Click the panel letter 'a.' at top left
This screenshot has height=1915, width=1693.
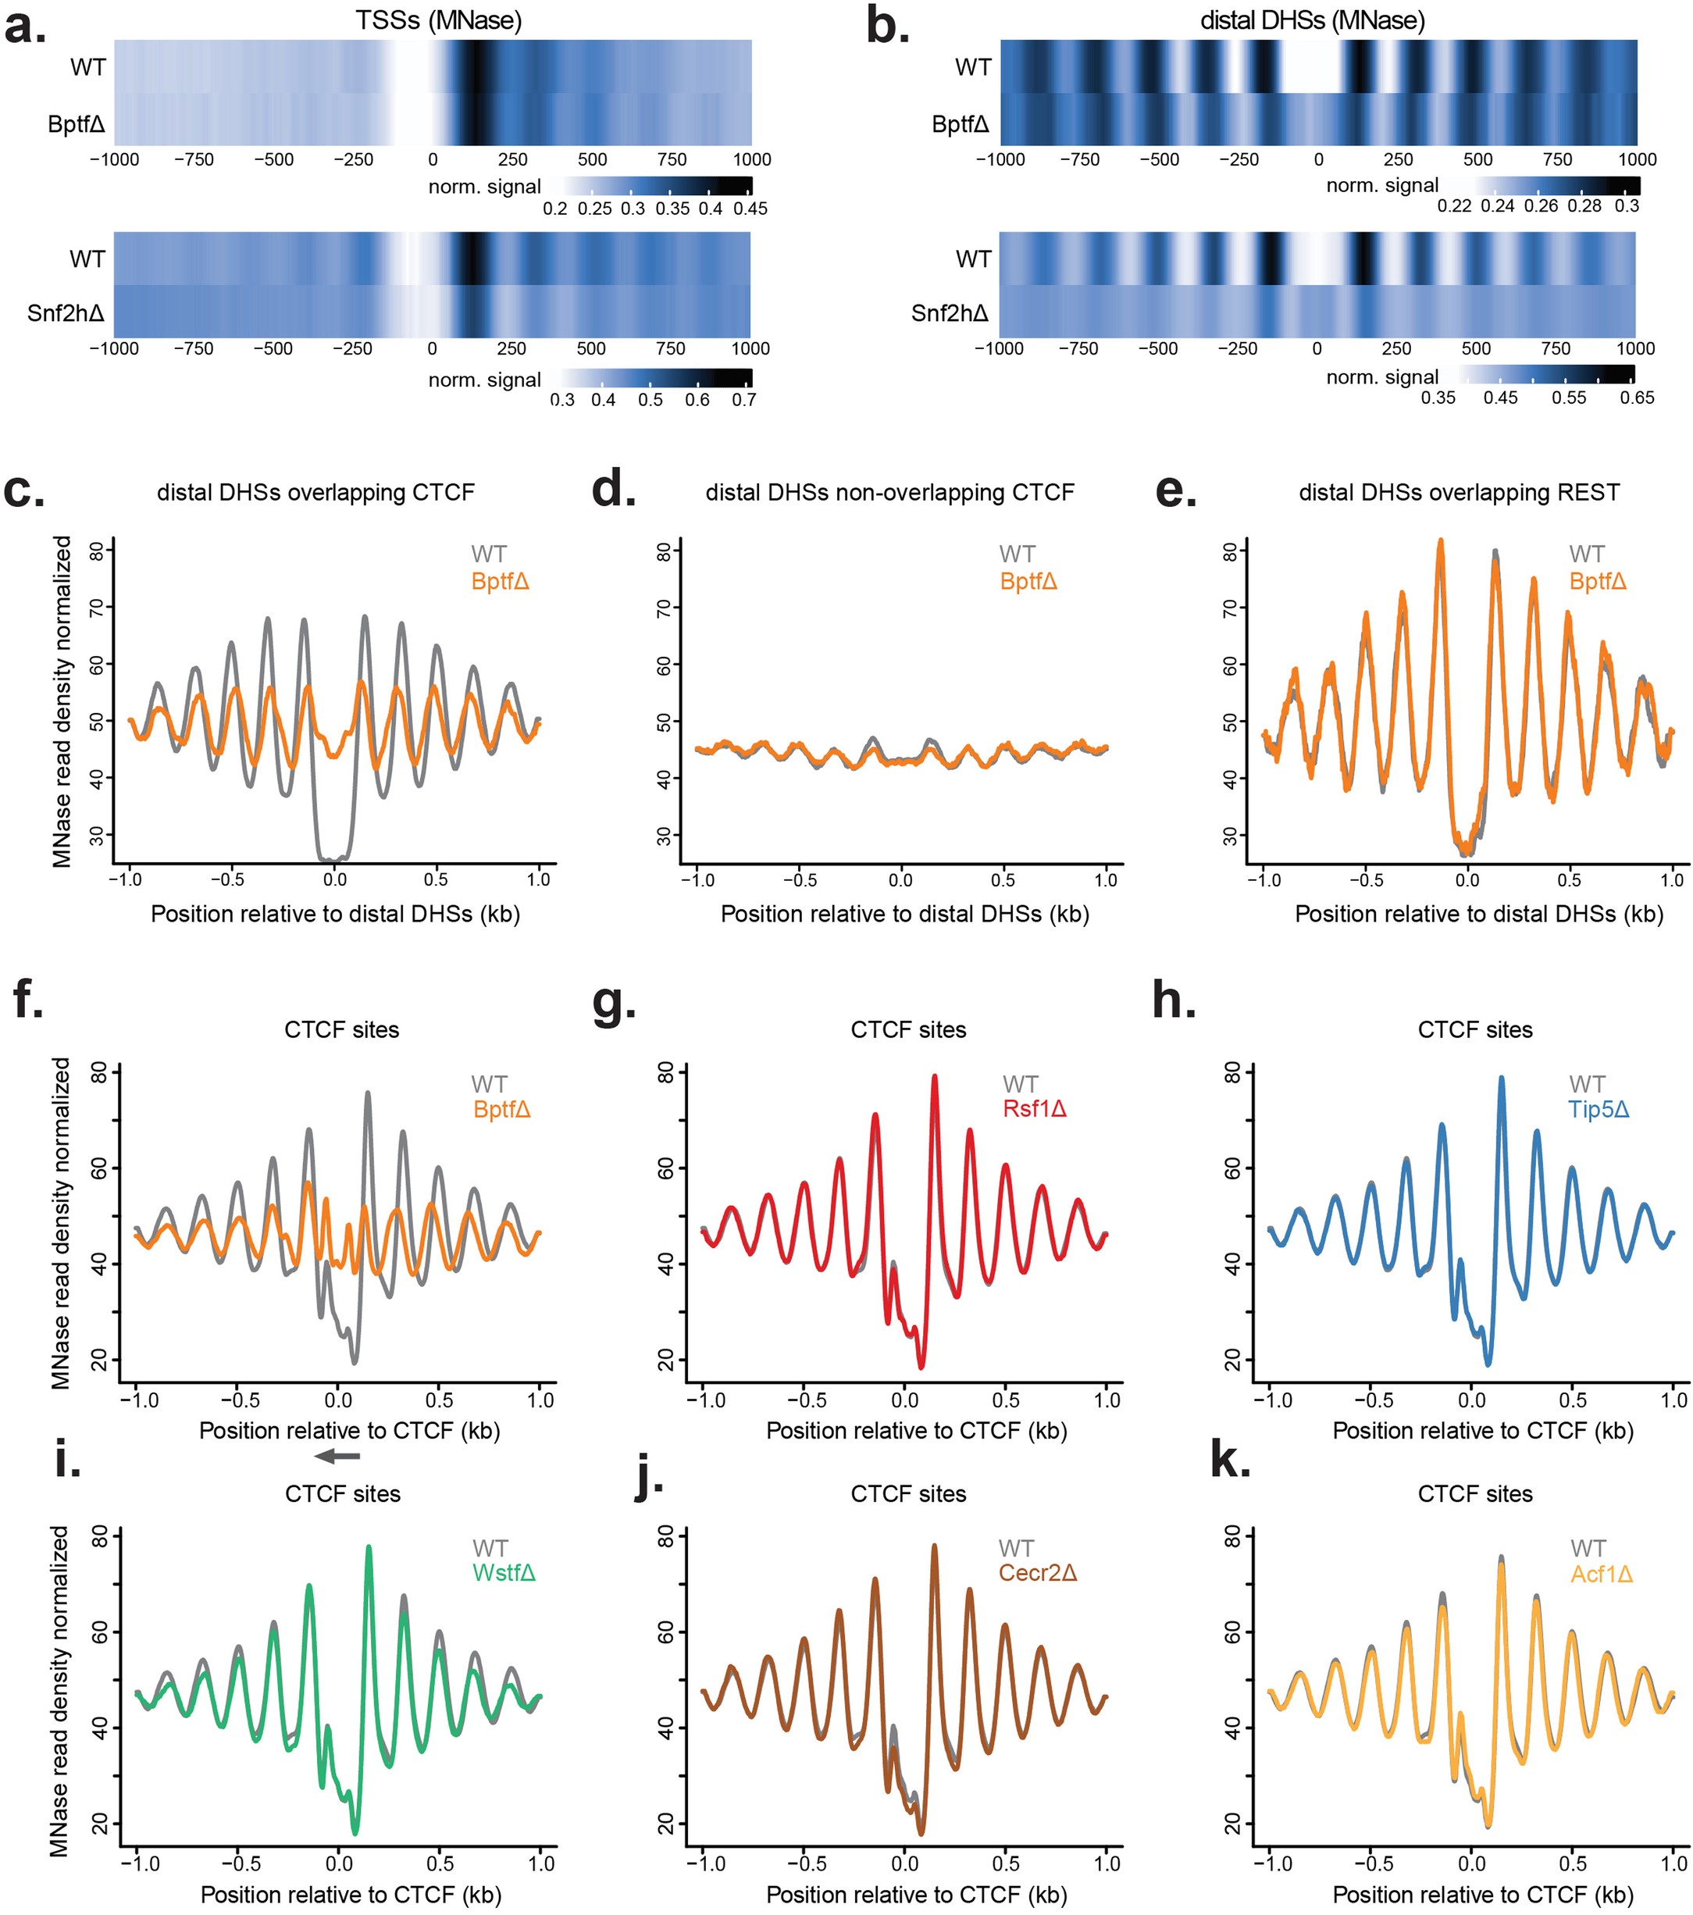(x=24, y=28)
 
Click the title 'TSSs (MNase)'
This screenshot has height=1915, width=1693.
(x=437, y=20)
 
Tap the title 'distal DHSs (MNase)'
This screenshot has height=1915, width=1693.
(x=1312, y=20)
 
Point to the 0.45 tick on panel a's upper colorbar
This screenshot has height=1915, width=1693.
(x=750, y=208)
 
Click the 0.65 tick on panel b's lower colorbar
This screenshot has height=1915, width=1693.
(x=1636, y=398)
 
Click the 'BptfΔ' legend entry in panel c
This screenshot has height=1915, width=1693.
(x=501, y=581)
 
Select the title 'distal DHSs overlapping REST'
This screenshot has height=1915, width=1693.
(x=1458, y=492)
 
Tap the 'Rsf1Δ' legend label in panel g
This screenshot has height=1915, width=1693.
(x=1035, y=1109)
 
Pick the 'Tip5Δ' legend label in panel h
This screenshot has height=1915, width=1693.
(x=1599, y=1109)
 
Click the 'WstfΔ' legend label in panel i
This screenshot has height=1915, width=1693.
(x=504, y=1572)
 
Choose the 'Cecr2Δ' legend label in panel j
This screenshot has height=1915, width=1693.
(x=1037, y=1572)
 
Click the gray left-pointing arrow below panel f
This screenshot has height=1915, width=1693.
(x=337, y=1455)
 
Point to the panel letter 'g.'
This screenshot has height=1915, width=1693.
(x=615, y=1004)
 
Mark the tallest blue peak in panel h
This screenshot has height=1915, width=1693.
(x=1502, y=1079)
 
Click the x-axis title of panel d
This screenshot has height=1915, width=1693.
(x=904, y=914)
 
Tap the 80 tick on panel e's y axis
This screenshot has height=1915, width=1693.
(x=1231, y=551)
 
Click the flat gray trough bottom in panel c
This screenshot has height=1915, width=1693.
(x=333, y=858)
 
